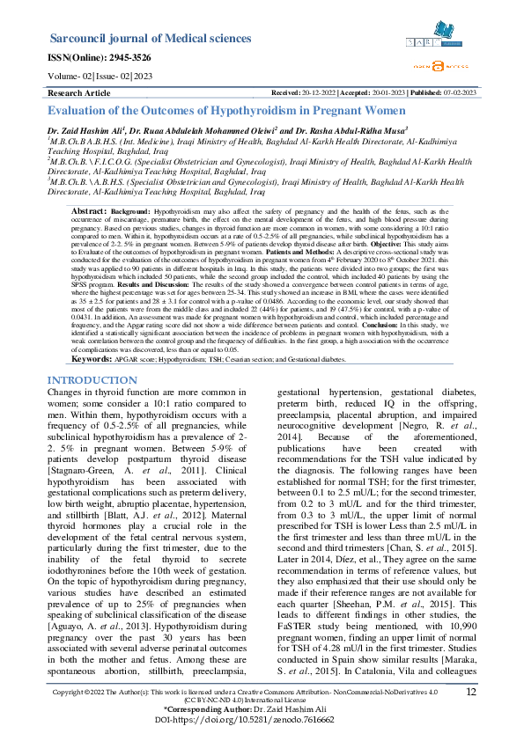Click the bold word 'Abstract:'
[x=88, y=212]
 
